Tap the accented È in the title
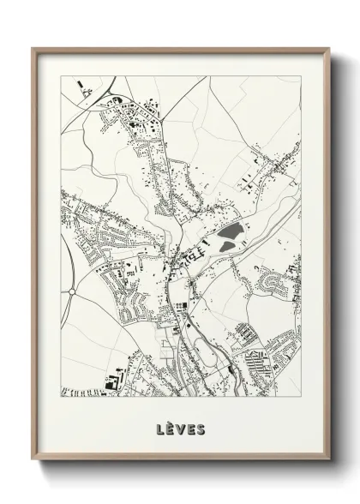(x=171, y=426)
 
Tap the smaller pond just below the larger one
(x=225, y=247)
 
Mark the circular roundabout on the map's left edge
(x=70, y=291)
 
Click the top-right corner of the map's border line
(x=301, y=75)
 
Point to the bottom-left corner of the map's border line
(x=61, y=399)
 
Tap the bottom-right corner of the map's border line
(x=301, y=399)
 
